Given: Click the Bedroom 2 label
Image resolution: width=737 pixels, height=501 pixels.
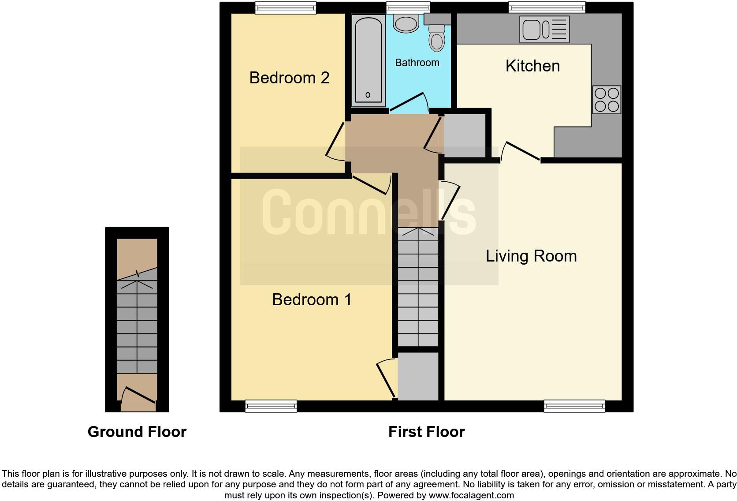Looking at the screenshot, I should click(289, 78).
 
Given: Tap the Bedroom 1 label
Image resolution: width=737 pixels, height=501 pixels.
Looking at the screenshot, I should click(312, 300).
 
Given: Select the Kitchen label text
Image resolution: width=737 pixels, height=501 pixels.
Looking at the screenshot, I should click(532, 66).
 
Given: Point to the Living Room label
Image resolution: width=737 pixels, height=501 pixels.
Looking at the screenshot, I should click(531, 256).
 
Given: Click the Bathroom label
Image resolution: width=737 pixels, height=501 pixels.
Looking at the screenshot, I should click(417, 63).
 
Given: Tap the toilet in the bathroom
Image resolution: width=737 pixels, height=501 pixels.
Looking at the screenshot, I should click(437, 37).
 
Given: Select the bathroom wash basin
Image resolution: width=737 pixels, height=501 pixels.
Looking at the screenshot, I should click(406, 23).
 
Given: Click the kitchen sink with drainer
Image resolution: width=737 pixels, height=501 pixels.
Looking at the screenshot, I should click(544, 30).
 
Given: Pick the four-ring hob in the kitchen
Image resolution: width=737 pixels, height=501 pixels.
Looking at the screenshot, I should click(607, 100).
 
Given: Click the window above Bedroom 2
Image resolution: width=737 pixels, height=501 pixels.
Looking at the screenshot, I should click(286, 8).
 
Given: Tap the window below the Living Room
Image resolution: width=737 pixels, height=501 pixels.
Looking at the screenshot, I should click(574, 406).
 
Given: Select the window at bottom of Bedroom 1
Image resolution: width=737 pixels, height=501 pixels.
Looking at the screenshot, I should click(271, 406).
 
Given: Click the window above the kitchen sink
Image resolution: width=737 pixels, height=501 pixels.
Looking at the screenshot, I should click(547, 7).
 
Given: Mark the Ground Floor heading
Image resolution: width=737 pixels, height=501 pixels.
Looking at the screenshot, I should click(137, 432).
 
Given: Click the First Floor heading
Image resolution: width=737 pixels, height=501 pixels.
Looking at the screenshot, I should click(426, 432).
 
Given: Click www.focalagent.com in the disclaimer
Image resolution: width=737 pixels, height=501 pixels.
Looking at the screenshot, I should click(471, 495).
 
